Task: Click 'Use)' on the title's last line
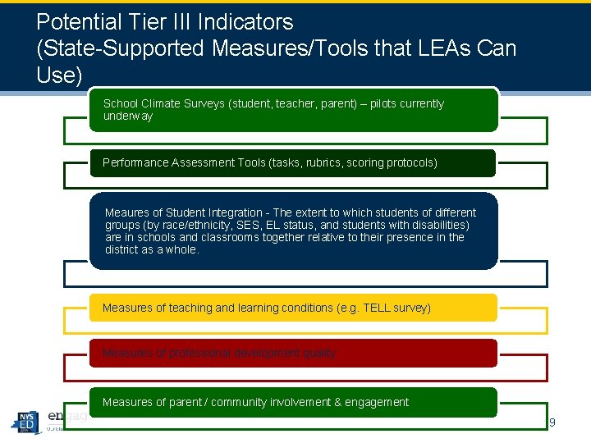tap(60, 75)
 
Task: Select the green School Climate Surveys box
tap(293, 110)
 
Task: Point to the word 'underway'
tap(128, 116)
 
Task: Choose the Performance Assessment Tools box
tap(293, 162)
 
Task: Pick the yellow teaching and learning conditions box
tap(293, 308)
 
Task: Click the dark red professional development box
tap(293, 353)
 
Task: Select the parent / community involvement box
tap(293, 402)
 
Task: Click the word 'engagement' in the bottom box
tap(378, 402)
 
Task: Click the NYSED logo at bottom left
tap(25, 422)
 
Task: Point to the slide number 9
tap(552, 422)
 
